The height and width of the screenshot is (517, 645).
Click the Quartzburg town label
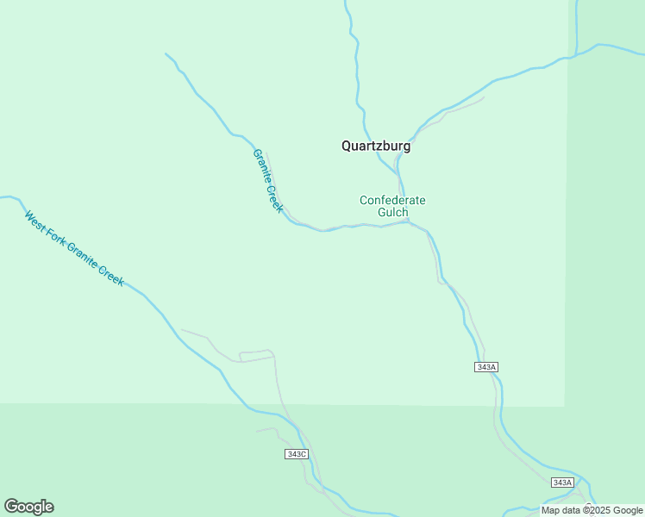376,146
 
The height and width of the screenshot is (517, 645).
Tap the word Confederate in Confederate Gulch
392,201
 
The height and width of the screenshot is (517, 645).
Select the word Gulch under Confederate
392,213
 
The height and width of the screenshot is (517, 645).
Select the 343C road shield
296,453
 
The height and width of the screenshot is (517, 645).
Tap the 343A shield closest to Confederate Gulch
486,367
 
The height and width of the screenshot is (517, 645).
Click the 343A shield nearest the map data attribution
562,483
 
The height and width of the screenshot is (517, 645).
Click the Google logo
28,507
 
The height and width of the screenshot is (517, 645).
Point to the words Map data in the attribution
560,510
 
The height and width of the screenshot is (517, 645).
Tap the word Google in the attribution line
628,510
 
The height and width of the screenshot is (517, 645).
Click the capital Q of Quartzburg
347,146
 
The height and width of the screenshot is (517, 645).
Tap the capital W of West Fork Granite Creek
28,215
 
